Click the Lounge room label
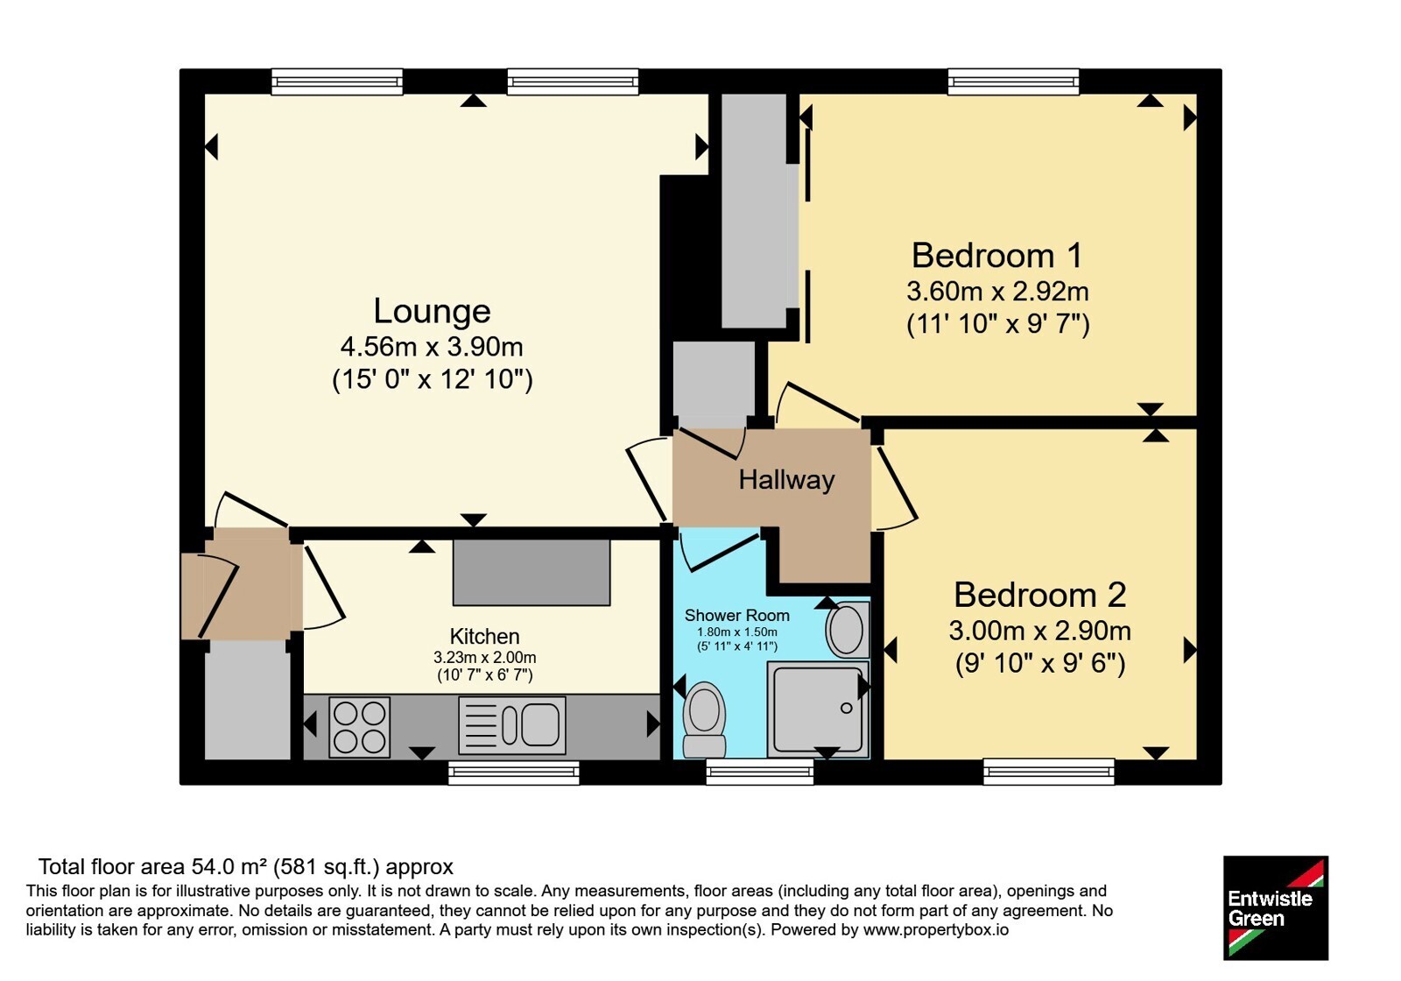tap(432, 311)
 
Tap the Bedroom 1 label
tap(997, 255)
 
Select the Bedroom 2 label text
tap(1039, 595)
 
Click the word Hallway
tap(787, 480)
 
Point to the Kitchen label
tap(485, 636)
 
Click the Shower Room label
tap(736, 616)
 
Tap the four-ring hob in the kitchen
tap(359, 727)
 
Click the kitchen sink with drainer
tap(511, 726)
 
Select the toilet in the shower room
tap(704, 719)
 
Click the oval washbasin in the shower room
tap(848, 630)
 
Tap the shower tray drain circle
tap(846, 709)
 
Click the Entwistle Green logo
tap(1275, 907)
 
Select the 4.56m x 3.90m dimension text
tap(432, 346)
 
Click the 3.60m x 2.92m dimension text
tap(997, 291)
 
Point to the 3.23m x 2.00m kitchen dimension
tap(485, 658)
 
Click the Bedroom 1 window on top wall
tap(1013, 82)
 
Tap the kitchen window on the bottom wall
tap(513, 772)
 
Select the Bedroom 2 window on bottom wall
tap(1049, 772)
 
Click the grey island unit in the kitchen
tap(531, 573)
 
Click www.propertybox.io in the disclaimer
tap(936, 929)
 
